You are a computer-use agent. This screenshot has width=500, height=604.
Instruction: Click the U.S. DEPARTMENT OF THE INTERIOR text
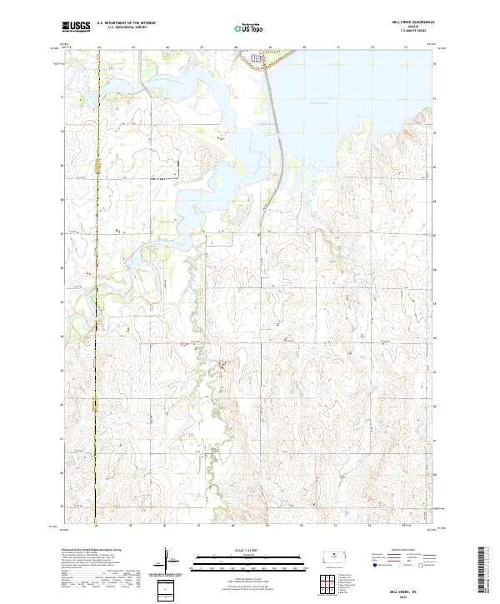click(126, 23)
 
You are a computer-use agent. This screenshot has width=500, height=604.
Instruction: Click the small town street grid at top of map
click(259, 59)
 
